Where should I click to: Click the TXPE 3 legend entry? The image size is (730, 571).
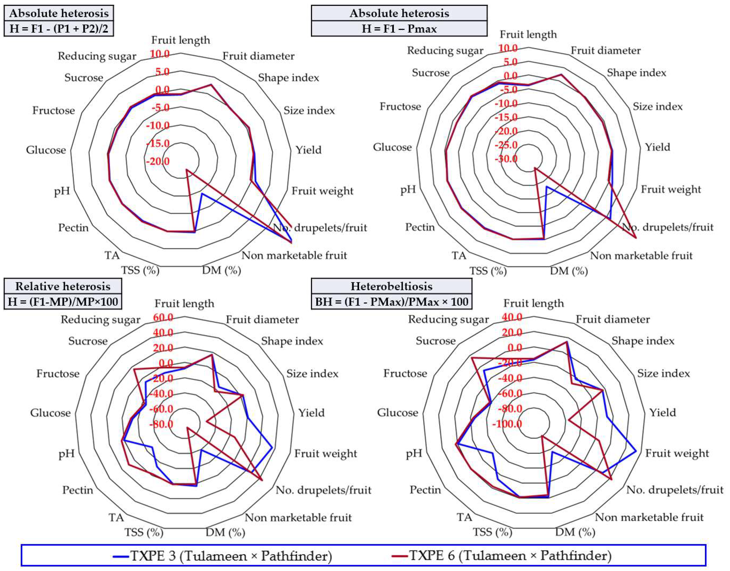[x=222, y=556]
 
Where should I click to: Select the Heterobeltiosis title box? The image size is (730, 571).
[x=391, y=286]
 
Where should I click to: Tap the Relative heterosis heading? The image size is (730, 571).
[x=63, y=286]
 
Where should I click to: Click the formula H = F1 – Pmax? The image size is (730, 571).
[x=399, y=29]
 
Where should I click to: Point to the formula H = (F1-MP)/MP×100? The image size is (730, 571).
[x=63, y=302]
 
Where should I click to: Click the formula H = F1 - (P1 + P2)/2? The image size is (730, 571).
[x=59, y=29]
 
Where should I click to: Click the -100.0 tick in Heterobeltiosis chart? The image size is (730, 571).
[x=507, y=424]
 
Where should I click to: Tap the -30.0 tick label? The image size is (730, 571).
[x=506, y=158]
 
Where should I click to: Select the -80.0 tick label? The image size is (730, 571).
[x=161, y=425]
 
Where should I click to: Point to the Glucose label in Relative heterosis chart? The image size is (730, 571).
[x=50, y=413]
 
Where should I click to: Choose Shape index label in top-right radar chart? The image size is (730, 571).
[x=636, y=73]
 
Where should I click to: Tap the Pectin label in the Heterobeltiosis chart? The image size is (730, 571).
[x=425, y=490]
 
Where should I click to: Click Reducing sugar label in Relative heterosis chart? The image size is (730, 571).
[x=100, y=319]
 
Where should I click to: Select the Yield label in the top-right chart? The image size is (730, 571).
[x=657, y=147]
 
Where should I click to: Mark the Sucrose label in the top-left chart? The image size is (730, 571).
[x=84, y=78]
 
